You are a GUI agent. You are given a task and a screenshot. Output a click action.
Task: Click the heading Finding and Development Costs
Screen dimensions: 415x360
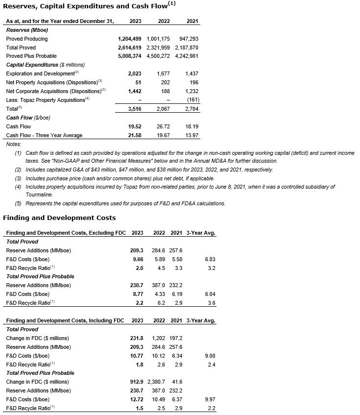click(59, 218)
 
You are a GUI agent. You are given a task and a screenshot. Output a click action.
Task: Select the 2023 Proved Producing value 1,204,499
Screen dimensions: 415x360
click(130, 39)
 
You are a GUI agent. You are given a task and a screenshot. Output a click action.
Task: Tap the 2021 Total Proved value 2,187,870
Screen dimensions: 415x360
click(186, 48)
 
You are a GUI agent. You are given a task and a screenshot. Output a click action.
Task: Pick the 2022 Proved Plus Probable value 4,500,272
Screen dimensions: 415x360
click(158, 56)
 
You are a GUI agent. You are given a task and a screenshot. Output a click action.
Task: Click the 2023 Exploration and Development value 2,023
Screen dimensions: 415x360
click(134, 73)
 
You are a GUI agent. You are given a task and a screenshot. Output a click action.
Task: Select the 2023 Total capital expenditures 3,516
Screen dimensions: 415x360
click(134, 109)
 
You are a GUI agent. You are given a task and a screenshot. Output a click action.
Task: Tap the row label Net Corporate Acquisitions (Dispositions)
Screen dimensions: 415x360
click(55, 91)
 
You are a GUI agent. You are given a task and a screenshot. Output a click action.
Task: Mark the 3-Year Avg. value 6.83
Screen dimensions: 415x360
click(209, 259)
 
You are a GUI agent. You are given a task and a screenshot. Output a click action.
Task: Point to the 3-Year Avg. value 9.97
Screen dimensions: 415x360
click(209, 399)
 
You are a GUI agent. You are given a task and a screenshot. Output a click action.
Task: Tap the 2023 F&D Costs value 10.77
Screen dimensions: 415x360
click(135, 356)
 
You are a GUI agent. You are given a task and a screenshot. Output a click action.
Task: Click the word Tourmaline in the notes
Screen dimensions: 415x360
click(38, 195)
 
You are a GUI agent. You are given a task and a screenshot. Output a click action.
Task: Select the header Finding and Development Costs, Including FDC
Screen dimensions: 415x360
click(65, 320)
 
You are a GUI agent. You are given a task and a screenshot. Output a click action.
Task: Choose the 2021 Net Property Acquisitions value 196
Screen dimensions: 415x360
click(193, 82)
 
